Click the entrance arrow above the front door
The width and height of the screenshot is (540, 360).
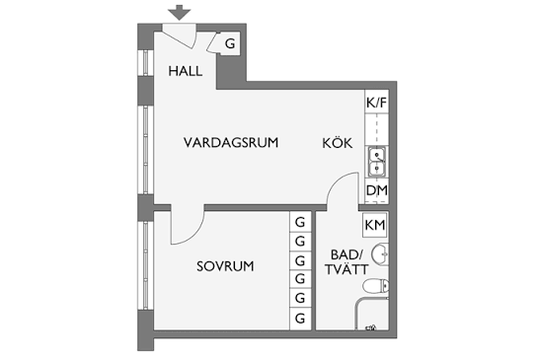(x=179, y=13)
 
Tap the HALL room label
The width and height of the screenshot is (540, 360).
(x=186, y=71)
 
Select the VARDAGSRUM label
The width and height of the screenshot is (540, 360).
(x=231, y=142)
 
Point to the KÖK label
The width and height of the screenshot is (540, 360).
(x=338, y=142)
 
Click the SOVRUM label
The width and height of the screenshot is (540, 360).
(x=225, y=266)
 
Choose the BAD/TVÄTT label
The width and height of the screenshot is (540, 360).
(x=347, y=262)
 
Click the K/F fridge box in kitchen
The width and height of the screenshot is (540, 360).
(x=377, y=102)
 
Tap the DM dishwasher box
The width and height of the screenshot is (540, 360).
(x=377, y=190)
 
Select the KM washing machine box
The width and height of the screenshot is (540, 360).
(x=375, y=225)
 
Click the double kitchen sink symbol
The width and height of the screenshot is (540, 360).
(x=377, y=162)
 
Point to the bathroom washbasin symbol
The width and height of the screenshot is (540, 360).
(x=380, y=254)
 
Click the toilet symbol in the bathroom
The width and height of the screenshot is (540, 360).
(x=376, y=286)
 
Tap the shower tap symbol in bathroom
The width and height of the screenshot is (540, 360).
(x=371, y=327)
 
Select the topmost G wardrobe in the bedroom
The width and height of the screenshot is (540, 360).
(x=300, y=222)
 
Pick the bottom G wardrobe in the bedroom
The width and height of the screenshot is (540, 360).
(x=300, y=319)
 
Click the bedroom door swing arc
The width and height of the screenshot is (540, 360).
(x=195, y=234)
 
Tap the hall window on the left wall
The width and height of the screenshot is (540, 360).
(x=145, y=63)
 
